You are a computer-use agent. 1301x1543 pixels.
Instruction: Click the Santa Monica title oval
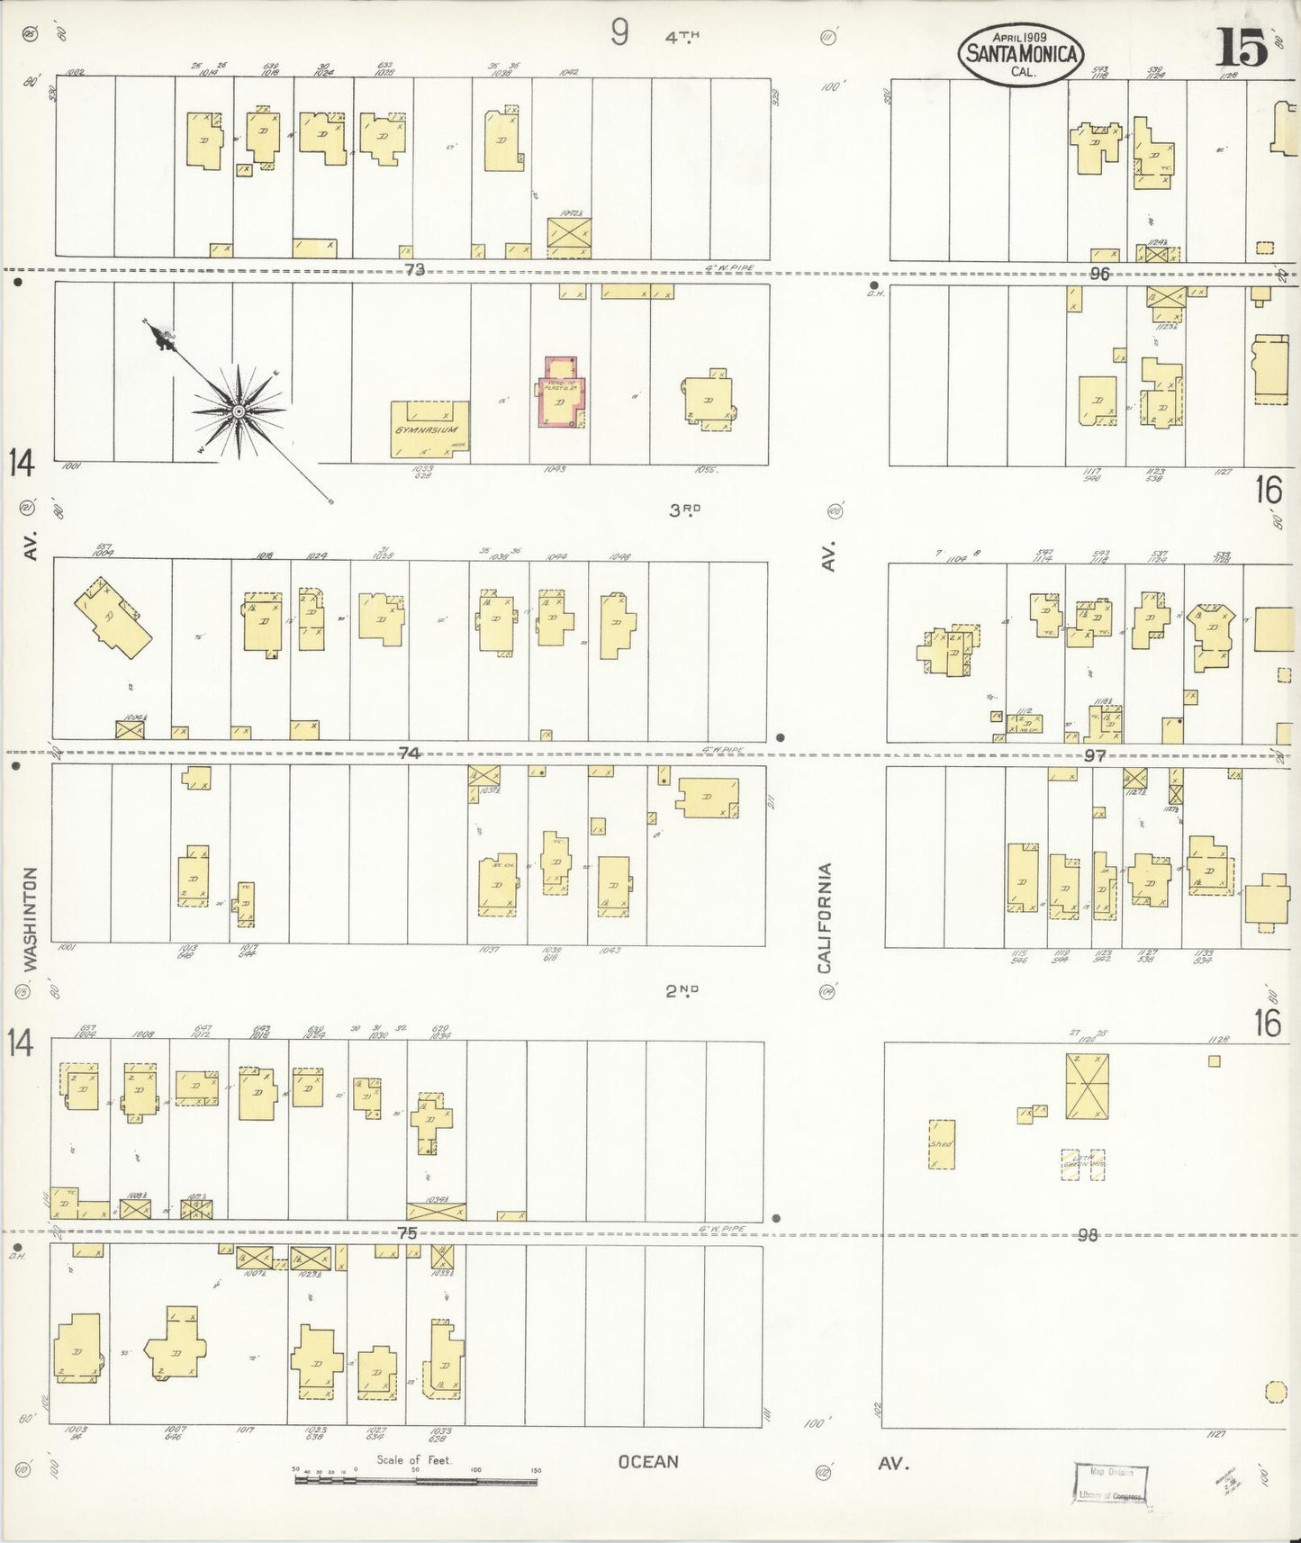click(x=1021, y=54)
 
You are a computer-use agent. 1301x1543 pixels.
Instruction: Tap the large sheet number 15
click(x=1243, y=47)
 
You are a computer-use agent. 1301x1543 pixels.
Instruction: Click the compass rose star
click(x=239, y=411)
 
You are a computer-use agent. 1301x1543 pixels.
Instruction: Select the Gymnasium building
click(x=430, y=429)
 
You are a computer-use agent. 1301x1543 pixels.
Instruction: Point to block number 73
click(x=414, y=269)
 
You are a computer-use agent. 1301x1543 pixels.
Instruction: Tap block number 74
click(x=410, y=753)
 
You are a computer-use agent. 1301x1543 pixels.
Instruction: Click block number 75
click(x=408, y=1233)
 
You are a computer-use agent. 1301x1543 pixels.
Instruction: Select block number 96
click(x=1098, y=274)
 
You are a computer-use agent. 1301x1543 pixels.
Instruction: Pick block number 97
click(x=1094, y=756)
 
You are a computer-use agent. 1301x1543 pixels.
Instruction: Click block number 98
click(x=1088, y=1235)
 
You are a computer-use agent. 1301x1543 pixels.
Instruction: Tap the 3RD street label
click(x=684, y=510)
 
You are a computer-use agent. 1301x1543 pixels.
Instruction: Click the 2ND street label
click(x=682, y=991)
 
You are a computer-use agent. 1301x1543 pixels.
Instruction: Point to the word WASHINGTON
click(x=31, y=918)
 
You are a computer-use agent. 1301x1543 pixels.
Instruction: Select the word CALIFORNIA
click(x=824, y=918)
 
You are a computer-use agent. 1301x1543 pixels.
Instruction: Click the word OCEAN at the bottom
click(x=648, y=1462)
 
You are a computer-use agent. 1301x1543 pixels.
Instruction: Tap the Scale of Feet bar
click(x=416, y=1478)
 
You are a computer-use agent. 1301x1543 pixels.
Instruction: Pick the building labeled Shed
click(x=941, y=1144)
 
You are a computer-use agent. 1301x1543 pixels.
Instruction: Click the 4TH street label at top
click(x=682, y=37)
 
